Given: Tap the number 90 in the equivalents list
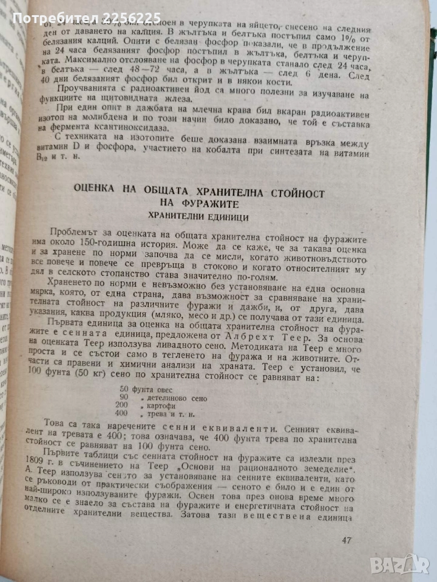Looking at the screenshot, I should point(125,398).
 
